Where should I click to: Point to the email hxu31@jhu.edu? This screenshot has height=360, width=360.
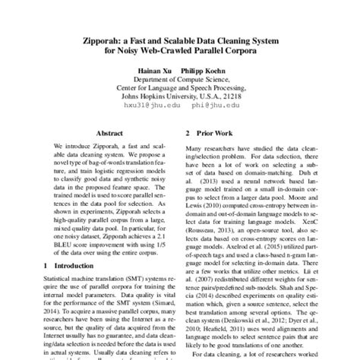pos(148,107)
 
